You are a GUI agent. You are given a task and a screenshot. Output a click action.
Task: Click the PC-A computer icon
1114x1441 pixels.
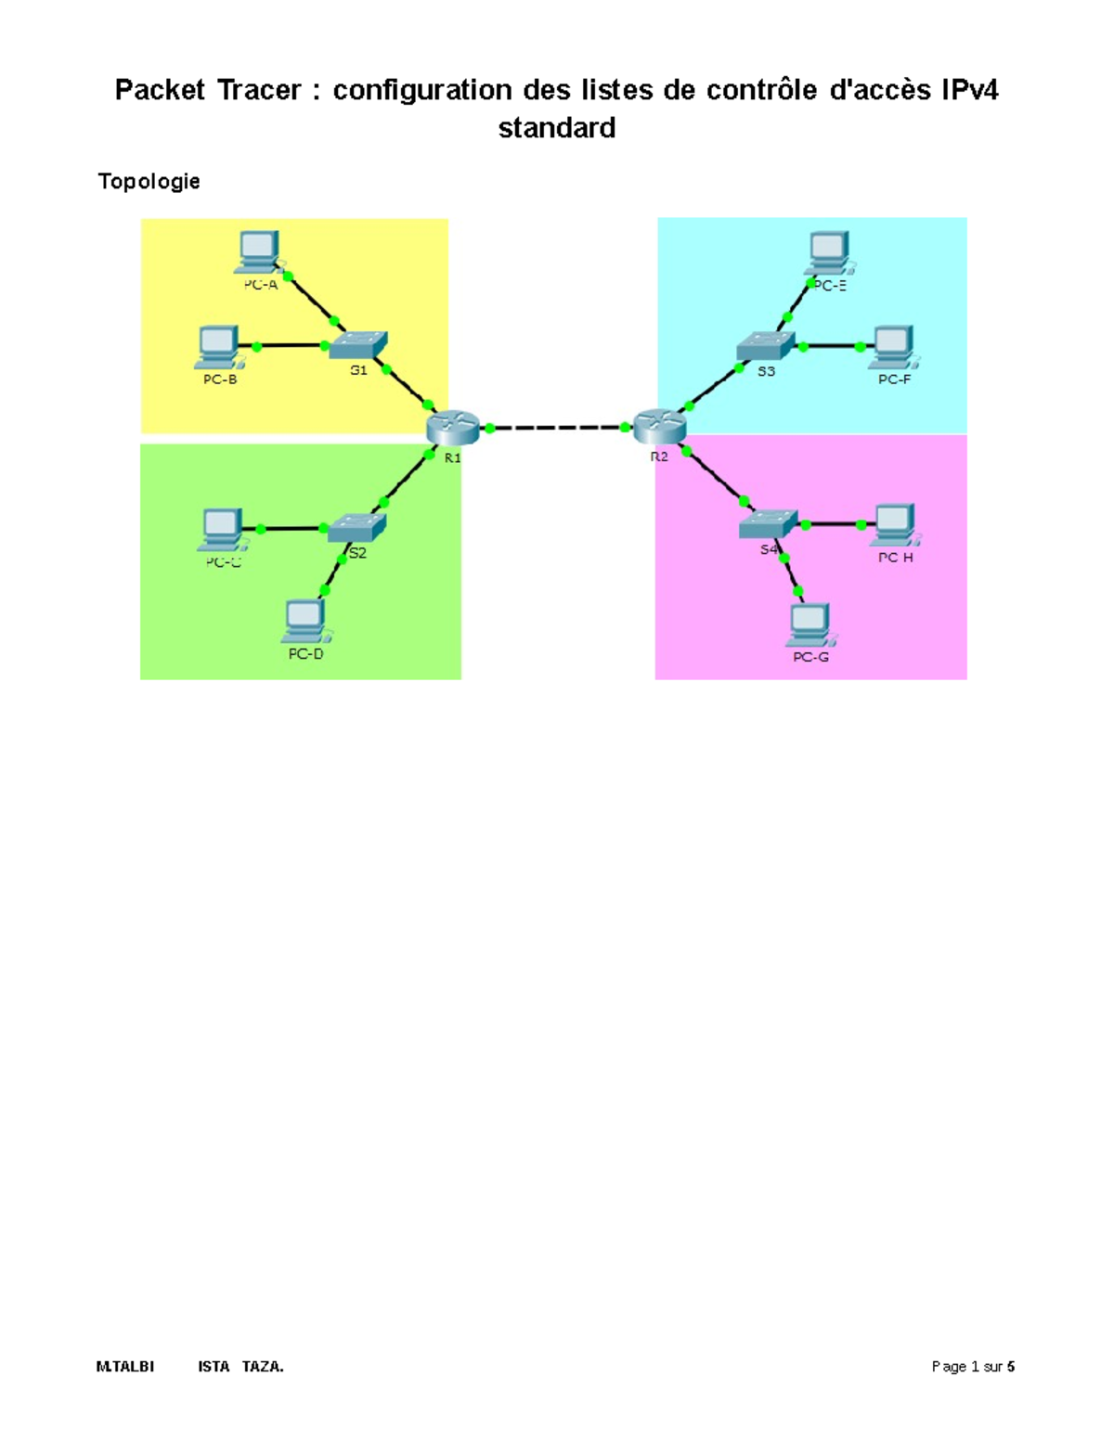point(257,251)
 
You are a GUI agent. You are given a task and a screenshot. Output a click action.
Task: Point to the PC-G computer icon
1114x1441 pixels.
point(810,625)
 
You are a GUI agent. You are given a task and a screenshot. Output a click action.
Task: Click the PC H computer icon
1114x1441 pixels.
point(895,525)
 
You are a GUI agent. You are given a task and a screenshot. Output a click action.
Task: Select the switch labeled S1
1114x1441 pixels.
point(357,345)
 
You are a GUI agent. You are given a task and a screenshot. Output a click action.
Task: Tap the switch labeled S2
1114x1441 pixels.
point(356,528)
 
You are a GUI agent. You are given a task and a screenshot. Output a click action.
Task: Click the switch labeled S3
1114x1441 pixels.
point(766,346)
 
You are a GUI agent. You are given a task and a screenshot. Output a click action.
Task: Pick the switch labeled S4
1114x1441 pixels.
point(768,524)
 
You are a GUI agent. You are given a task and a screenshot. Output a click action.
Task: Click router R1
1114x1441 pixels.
point(453,428)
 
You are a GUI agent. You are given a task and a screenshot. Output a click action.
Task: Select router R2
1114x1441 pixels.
point(659,427)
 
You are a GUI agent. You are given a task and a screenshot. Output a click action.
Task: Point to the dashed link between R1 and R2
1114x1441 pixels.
point(557,428)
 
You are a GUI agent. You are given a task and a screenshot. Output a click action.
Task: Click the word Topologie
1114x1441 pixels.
point(149,181)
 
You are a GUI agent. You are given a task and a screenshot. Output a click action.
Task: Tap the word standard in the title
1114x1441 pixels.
point(556,128)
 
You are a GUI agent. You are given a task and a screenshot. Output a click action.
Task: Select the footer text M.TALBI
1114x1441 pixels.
point(125,1367)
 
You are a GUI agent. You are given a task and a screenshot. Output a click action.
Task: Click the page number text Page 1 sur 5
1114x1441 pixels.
point(972,1367)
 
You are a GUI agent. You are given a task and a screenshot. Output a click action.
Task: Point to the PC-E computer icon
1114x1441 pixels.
point(828,251)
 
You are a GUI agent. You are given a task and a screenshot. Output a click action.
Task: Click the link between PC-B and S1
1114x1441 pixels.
point(290,346)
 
